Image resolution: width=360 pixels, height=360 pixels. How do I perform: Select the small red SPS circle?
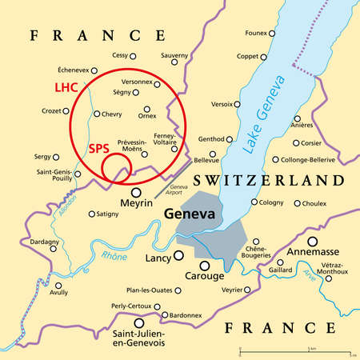(117, 165)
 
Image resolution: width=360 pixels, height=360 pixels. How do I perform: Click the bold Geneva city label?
(188, 214)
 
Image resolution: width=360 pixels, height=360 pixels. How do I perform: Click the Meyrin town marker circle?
(137, 192)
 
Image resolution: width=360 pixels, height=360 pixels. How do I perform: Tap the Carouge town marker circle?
(206, 266)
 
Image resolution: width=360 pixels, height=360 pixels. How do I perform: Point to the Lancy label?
(158, 260)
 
